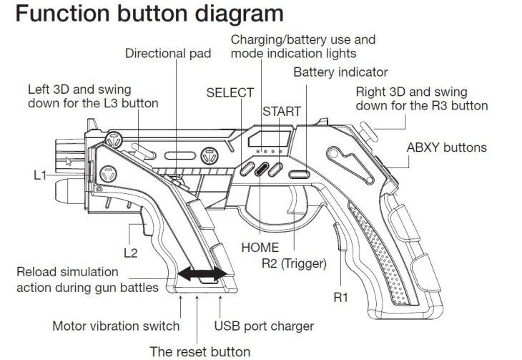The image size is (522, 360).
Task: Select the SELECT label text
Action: tap(230, 92)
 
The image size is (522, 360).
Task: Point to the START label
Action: tap(281, 112)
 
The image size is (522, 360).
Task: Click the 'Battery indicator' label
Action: tap(340, 72)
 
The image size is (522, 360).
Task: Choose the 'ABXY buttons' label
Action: tap(446, 148)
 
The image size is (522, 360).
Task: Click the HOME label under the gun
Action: tap(260, 248)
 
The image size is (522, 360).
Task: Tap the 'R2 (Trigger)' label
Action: tap(294, 263)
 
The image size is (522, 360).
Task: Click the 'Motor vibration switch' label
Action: tap(116, 326)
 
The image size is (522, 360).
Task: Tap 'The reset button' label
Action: tap(200, 351)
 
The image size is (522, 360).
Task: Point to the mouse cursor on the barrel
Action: tap(68, 160)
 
